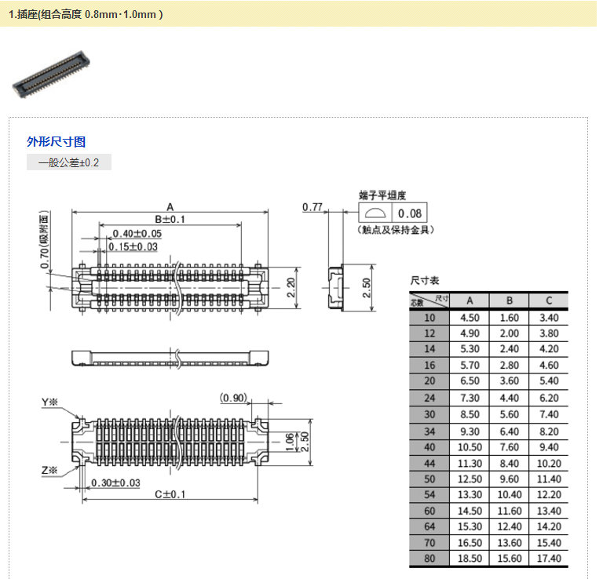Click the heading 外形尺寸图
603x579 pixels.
coord(57,142)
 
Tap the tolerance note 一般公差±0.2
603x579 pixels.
coord(69,163)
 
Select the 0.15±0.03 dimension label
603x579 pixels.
coord(133,246)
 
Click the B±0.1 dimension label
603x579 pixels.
coord(169,219)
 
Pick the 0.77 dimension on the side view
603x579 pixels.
coord(312,207)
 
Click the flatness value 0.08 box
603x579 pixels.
coord(409,213)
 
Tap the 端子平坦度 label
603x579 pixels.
coord(382,195)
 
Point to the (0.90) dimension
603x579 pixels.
coord(234,397)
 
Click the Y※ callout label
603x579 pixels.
coord(50,402)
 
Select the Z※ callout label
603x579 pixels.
coord(50,471)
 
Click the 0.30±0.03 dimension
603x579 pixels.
coord(115,482)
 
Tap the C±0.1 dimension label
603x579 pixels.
coord(169,494)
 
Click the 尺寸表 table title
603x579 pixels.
coord(425,280)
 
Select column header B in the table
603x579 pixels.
coord(509,300)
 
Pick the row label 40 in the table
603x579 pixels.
coord(429,447)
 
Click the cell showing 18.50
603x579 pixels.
coord(470,558)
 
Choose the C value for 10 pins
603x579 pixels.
coord(549,318)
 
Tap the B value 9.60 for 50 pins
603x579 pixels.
coord(509,479)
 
